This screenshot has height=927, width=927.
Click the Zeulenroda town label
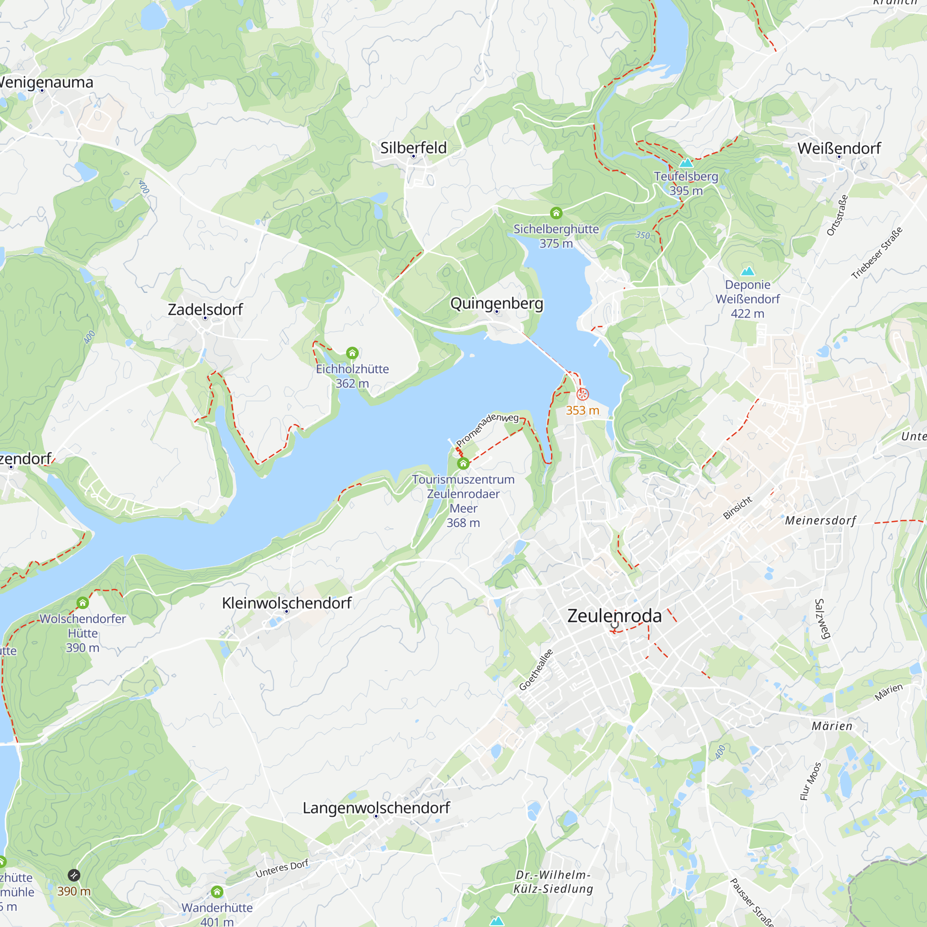pos(614,616)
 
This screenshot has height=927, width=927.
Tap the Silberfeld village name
pos(413,147)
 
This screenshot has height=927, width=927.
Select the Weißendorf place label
pos(839,148)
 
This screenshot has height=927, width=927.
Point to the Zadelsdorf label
pos(205,309)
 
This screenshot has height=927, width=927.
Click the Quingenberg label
pos(496,303)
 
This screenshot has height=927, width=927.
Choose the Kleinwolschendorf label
pos(286,603)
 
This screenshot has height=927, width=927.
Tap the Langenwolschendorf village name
pos(376,807)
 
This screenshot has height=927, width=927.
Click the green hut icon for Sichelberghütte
pos(556,213)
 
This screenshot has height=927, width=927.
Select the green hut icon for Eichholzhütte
pos(352,353)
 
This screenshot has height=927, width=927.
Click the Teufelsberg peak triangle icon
pos(686,163)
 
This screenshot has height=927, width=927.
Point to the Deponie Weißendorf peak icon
pos(748,272)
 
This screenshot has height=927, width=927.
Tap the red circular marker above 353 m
pos(583,394)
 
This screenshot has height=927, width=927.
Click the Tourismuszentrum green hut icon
pos(463,463)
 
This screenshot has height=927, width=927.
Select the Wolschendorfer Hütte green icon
pos(83,603)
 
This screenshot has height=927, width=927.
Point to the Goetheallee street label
pos(536,670)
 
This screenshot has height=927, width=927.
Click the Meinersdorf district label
pos(820,520)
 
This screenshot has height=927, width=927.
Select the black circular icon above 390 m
pos(74,875)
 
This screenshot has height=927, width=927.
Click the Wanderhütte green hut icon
pos(217,892)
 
